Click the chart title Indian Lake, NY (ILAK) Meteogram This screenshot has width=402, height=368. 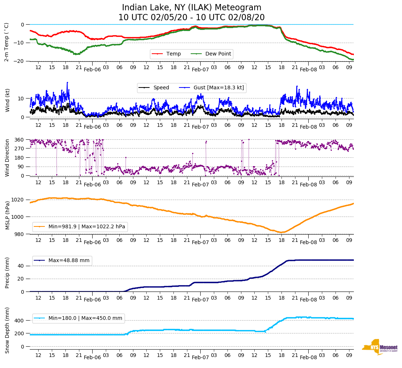(x=191, y=8)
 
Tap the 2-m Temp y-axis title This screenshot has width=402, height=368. (x=6, y=42)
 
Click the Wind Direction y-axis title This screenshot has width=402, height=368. (x=7, y=158)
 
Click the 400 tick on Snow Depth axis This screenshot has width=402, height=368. (x=20, y=321)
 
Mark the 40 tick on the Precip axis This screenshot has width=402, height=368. (x=21, y=266)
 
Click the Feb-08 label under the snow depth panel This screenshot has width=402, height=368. (x=308, y=357)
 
